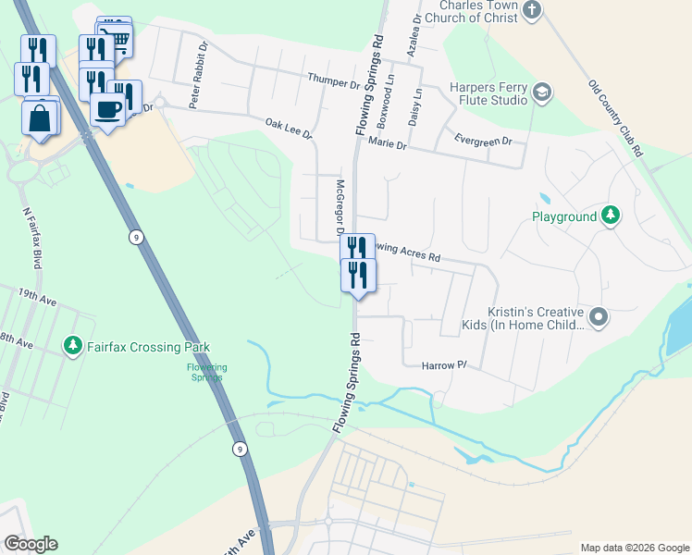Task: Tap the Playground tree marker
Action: click(x=610, y=216)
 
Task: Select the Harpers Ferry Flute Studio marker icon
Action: click(x=542, y=92)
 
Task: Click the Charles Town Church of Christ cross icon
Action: click(x=531, y=10)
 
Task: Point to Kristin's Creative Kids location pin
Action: click(x=599, y=317)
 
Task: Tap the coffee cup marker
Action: click(x=107, y=109)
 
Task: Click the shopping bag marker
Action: click(x=41, y=118)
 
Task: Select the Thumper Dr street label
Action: click(x=333, y=83)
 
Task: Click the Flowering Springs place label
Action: click(x=207, y=372)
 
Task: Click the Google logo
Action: click(x=31, y=544)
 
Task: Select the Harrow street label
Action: click(x=440, y=365)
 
